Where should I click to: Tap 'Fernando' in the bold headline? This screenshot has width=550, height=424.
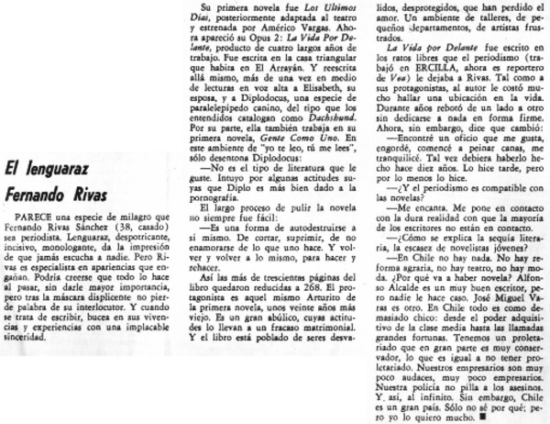(38, 195)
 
